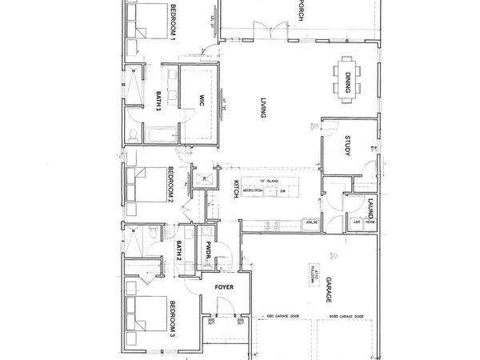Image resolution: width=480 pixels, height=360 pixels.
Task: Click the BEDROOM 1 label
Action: point(173,20)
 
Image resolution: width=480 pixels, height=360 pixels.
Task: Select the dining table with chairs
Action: point(346,78)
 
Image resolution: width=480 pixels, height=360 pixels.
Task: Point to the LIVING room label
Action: point(262,108)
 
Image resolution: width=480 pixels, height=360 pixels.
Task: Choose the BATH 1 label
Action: point(159,103)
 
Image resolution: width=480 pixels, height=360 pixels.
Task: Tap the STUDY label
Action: point(349,147)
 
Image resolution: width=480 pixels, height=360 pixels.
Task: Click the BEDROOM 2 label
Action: point(171,182)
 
